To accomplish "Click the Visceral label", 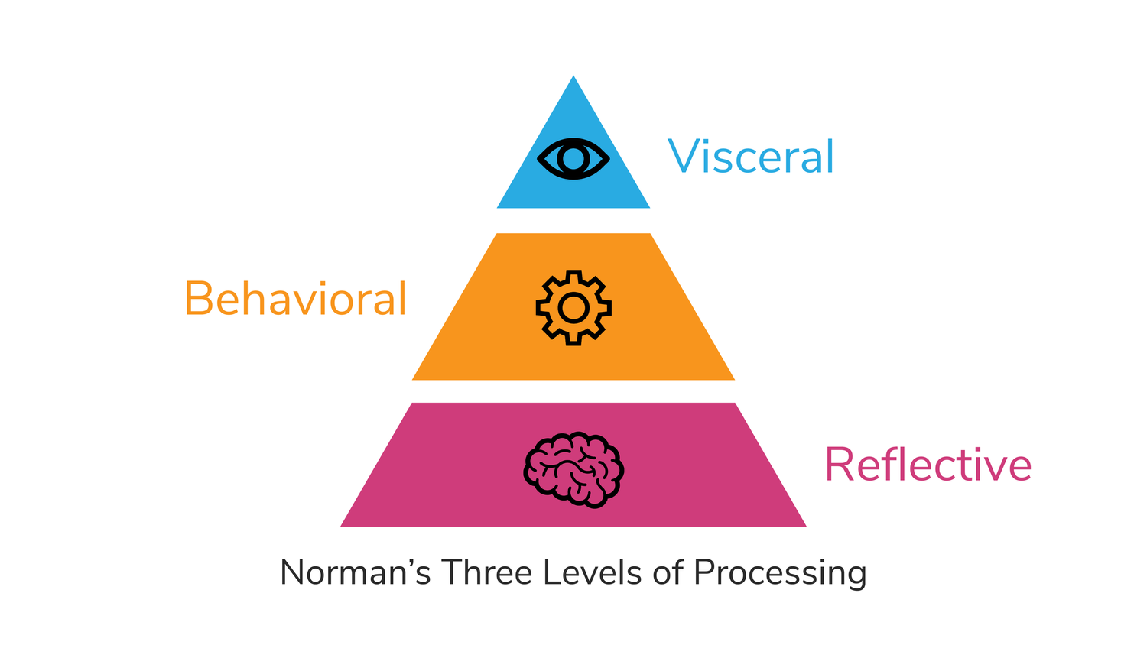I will pyautogui.click(x=751, y=157).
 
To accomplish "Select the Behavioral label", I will pyautogui.click(x=295, y=299).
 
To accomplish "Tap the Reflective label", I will pyautogui.click(x=928, y=465).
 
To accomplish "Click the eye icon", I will pyautogui.click(x=573, y=159).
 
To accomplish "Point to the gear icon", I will pyautogui.click(x=573, y=307).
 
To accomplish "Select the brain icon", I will pyautogui.click(x=573, y=469).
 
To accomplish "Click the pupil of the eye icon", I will pyautogui.click(x=573, y=159).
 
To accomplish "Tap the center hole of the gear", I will pyautogui.click(x=573, y=308).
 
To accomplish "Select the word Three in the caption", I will pyautogui.click(x=486, y=572).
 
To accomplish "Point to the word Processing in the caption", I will pyautogui.click(x=780, y=573).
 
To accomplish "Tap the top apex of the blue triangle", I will pyautogui.click(x=573, y=78).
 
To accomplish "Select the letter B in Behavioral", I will pyautogui.click(x=199, y=299).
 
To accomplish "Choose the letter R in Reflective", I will pyautogui.click(x=839, y=465).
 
